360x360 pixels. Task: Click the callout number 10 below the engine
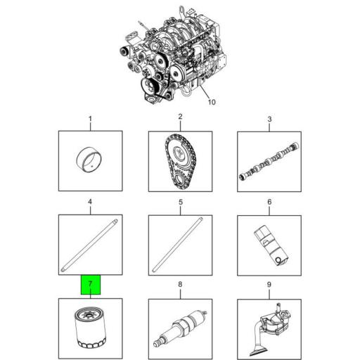coord(212,102)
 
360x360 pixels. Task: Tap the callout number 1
coord(91,119)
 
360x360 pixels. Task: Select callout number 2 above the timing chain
coord(180,117)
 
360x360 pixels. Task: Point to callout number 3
coord(269,119)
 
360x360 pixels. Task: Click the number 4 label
coord(90,202)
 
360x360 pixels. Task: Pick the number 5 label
coord(181,202)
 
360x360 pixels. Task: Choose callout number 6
coord(269,202)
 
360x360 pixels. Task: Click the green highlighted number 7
coord(91,284)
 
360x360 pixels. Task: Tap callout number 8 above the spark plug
coord(180,284)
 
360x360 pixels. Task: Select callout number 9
coord(269,285)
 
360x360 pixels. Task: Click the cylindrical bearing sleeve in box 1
coord(90,160)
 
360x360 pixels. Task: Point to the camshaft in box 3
coord(269,161)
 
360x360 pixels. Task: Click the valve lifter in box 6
coord(271,245)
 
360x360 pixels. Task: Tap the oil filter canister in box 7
coord(91,328)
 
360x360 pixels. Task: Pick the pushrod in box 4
coord(89,245)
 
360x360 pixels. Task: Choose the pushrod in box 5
coord(177,245)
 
